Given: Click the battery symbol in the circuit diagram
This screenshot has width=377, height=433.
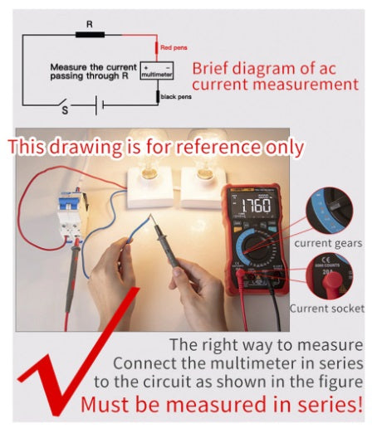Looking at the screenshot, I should click(97, 105).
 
